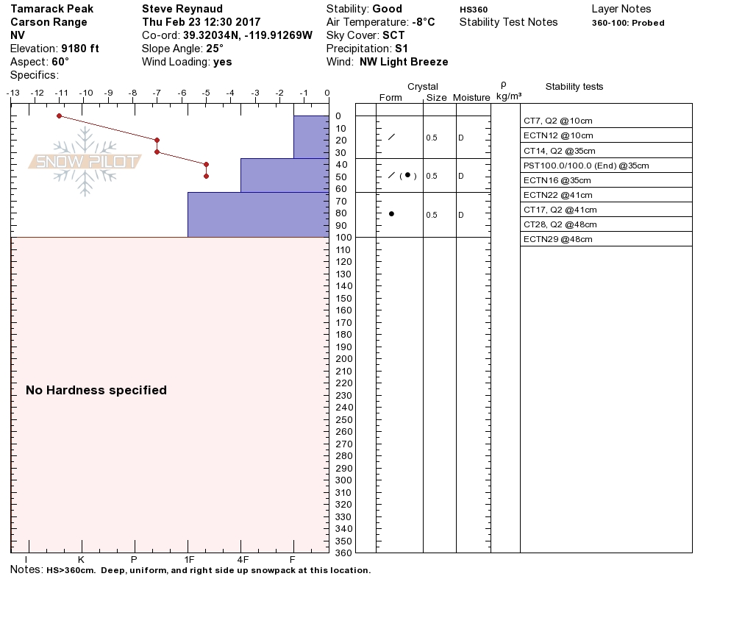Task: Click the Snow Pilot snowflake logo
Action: tap(85, 162)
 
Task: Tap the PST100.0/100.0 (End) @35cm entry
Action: tap(585, 166)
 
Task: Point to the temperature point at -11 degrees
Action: tap(59, 116)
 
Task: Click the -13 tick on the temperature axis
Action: tap(13, 93)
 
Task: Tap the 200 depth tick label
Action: tap(343, 358)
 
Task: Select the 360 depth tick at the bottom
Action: tap(343, 552)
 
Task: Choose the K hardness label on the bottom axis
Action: tap(81, 558)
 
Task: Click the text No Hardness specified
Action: tap(96, 390)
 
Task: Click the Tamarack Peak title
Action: tap(51, 9)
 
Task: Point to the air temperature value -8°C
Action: tap(423, 22)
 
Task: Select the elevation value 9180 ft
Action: tap(80, 49)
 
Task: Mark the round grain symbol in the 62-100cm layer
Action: tap(391, 213)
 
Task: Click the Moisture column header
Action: tap(471, 98)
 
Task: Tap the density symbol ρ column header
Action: tap(503, 85)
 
